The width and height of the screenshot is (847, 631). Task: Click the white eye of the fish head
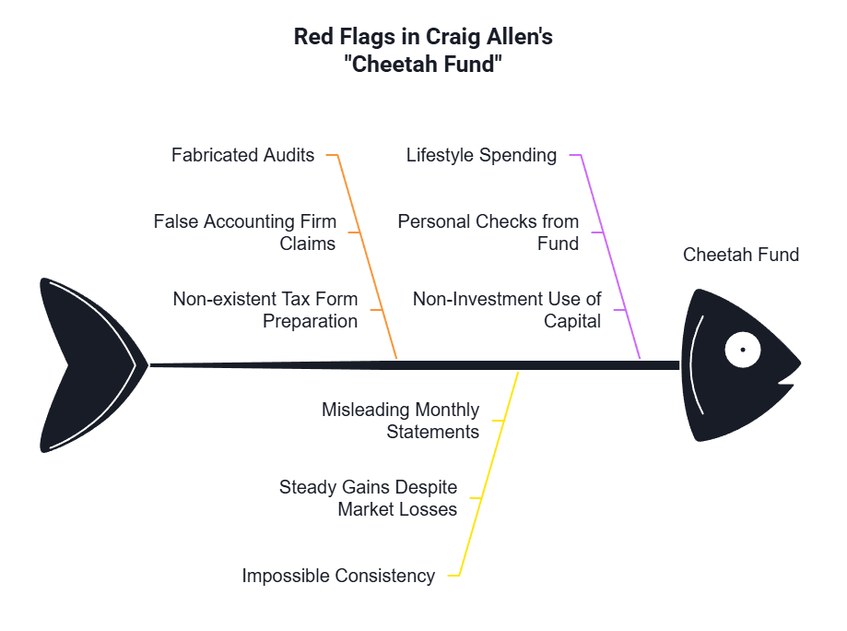[743, 350]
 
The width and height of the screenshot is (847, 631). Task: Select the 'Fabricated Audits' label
[242, 155]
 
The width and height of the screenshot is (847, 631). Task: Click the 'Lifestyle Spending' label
[481, 155]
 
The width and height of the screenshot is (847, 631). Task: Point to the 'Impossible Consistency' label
[338, 576]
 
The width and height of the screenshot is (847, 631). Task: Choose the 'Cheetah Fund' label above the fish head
[741, 255]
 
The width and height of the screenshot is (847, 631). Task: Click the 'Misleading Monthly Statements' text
[400, 421]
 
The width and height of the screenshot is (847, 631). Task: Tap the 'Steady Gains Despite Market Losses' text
[368, 498]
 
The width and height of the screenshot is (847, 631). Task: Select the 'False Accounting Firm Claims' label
[245, 232]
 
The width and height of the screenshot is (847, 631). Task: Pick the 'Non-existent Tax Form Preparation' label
[265, 310]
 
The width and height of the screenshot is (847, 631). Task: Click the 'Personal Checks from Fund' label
[488, 232]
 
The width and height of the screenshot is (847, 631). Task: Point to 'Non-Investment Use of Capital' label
[507, 310]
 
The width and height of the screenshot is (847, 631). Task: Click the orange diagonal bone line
[368, 256]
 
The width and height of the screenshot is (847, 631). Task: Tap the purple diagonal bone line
[611, 256]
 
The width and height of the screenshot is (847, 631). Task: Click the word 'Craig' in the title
[453, 37]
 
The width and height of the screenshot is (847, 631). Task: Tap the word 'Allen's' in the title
[520, 37]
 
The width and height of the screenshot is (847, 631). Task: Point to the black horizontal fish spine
[415, 365]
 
